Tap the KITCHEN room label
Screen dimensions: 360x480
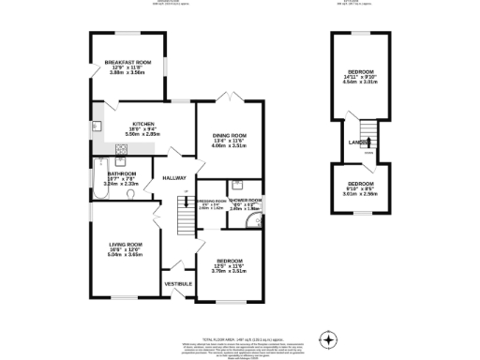coord(143,124)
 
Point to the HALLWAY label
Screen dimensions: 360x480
coord(174,178)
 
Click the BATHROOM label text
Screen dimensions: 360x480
coord(122,173)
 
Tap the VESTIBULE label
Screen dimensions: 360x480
coord(178,283)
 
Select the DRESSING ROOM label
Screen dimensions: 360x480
coord(211,201)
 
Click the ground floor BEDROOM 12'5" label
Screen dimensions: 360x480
coord(230,261)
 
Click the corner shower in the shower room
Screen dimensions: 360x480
coord(256,222)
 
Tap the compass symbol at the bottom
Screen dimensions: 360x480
coord(328,338)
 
